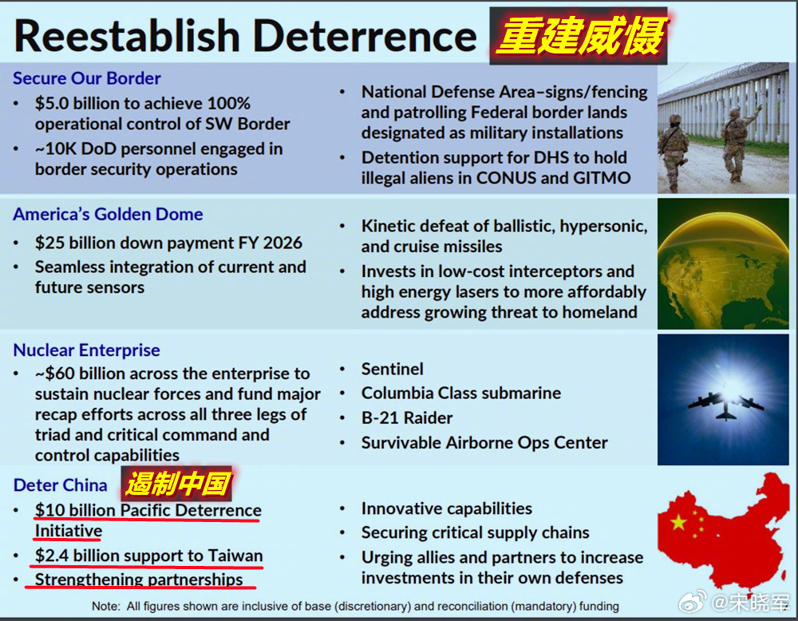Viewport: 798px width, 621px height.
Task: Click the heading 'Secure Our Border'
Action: tap(86, 78)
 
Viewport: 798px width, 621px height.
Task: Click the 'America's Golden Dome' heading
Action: tap(108, 214)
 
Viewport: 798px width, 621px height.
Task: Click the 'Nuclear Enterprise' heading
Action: tap(86, 350)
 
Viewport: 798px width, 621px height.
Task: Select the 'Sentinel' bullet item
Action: tap(392, 369)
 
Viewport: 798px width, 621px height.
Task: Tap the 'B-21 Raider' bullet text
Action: tap(407, 418)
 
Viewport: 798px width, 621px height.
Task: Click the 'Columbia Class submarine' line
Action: tap(461, 393)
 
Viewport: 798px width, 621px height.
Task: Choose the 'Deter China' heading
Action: tap(60, 485)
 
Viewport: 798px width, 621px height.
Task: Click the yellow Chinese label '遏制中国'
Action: tap(178, 484)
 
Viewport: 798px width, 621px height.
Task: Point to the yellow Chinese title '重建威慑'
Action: tap(580, 36)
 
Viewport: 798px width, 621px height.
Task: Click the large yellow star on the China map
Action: tap(678, 522)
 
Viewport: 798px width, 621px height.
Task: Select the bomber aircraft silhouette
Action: tap(725, 405)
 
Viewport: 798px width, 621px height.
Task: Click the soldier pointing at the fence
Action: tap(737, 143)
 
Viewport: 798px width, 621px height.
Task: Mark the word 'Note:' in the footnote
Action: tap(106, 607)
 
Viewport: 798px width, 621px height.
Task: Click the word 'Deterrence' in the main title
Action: tap(365, 37)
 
